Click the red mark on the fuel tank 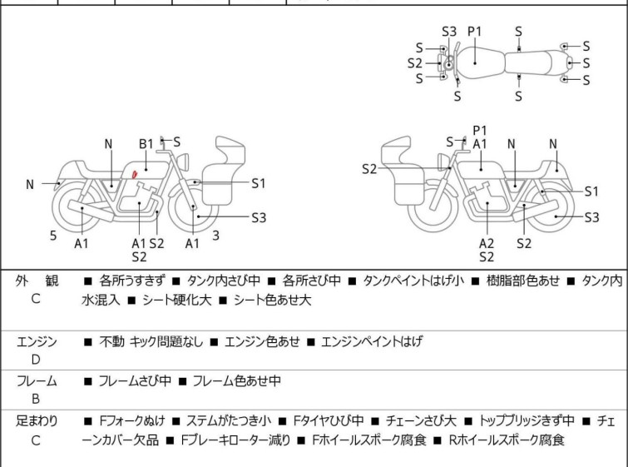click(x=135, y=174)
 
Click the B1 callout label click(x=146, y=144)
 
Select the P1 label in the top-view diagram click(x=475, y=32)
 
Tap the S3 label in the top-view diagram click(x=449, y=32)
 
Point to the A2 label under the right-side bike click(x=487, y=243)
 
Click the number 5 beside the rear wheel click(x=53, y=236)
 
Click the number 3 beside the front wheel click(x=216, y=236)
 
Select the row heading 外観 click(x=37, y=281)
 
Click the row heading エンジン click(x=37, y=341)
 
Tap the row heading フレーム click(x=37, y=380)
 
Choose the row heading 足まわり click(x=37, y=421)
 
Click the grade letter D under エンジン click(x=36, y=360)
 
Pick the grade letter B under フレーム click(x=36, y=399)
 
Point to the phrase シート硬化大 click(x=176, y=300)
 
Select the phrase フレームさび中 click(x=135, y=380)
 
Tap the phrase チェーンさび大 click(x=421, y=421)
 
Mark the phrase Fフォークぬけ click(x=131, y=421)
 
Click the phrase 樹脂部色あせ click(x=522, y=281)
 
